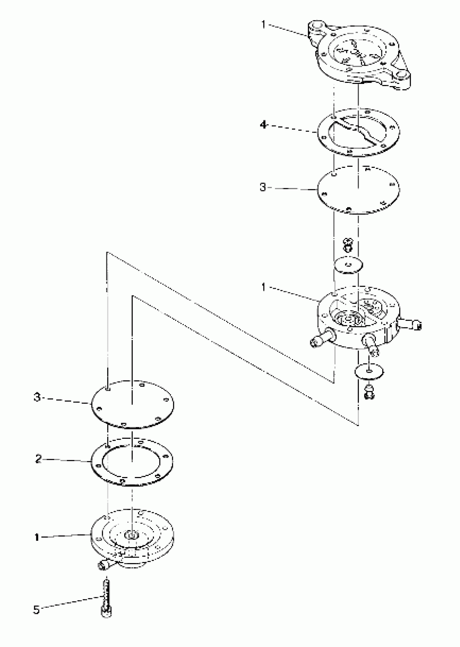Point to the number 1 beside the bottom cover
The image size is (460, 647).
pos(37,537)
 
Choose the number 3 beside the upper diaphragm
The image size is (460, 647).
pos(263,187)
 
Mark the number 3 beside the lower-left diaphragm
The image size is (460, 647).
pos(37,397)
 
